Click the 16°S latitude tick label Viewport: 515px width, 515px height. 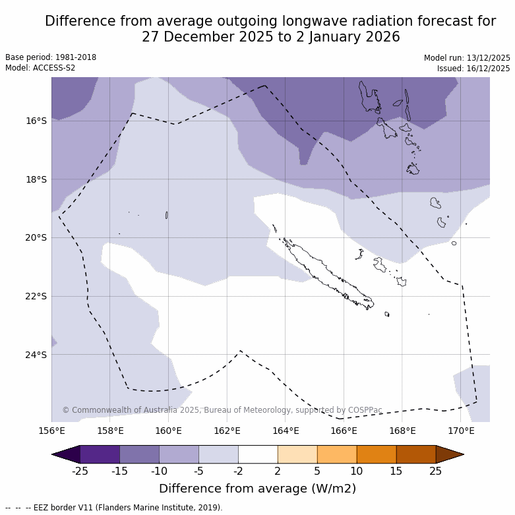(36, 121)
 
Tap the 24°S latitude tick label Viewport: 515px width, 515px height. (36, 355)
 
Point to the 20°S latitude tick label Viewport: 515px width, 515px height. (36, 237)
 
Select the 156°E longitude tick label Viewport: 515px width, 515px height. (51, 431)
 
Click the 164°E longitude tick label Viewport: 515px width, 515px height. (286, 431)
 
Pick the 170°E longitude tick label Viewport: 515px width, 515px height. (461, 431)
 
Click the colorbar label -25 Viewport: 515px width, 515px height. (80, 471)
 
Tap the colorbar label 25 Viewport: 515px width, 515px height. (436, 471)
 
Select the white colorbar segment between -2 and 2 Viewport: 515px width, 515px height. (258, 454)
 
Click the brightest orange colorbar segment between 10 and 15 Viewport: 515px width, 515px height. (377, 454)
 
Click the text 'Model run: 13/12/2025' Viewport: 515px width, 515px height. (467, 58)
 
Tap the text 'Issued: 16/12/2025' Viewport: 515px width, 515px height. (473, 69)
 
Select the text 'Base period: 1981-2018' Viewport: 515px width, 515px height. (51, 57)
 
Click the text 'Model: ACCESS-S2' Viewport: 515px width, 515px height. (40, 68)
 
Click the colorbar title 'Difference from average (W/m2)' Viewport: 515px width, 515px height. (257, 489)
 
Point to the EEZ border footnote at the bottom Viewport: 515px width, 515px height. (114, 508)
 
